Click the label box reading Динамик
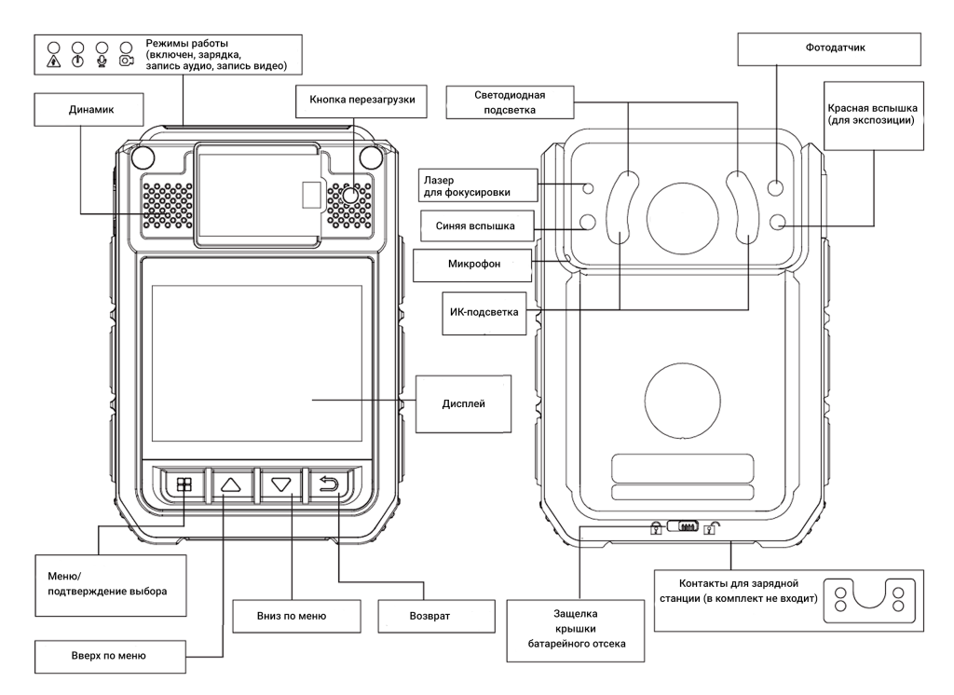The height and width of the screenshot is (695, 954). click(x=89, y=110)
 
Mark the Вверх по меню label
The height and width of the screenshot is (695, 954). click(x=110, y=656)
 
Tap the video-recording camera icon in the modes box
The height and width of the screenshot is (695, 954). click(x=127, y=61)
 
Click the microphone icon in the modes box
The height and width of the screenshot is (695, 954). click(x=102, y=61)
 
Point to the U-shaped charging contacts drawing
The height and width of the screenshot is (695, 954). click(x=870, y=596)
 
